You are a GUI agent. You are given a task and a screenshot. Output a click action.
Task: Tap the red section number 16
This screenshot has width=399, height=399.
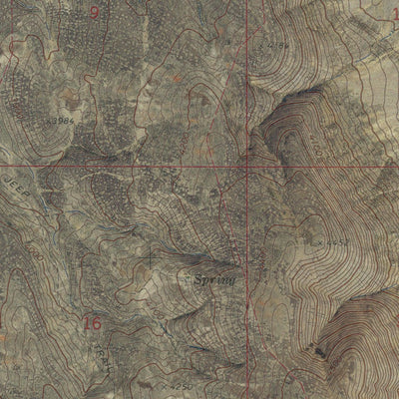[93, 324]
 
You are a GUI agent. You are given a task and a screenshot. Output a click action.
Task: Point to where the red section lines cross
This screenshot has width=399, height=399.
[247, 166]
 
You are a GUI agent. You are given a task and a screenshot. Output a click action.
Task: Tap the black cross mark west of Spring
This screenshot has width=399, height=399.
[151, 262]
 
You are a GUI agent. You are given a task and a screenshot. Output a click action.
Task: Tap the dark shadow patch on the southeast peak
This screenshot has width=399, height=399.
[319, 350]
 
